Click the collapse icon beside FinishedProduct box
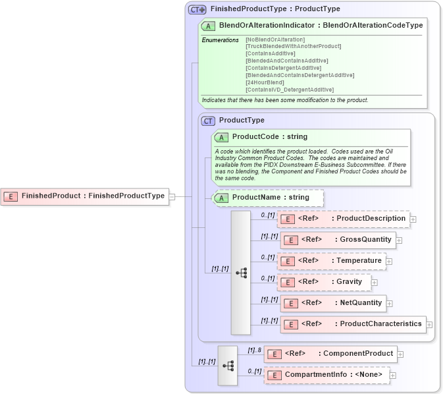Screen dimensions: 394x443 (172, 196)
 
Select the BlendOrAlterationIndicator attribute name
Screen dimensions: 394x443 (270, 25)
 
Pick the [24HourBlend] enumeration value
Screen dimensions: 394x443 (267, 82)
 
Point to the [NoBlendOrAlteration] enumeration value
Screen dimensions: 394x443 (275, 40)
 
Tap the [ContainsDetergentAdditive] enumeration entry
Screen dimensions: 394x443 (283, 68)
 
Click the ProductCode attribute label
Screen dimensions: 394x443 (260, 137)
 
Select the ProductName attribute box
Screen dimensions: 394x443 (269, 197)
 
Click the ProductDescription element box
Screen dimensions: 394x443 (343, 219)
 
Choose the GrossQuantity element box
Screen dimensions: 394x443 (338, 240)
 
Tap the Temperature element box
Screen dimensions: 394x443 (332, 261)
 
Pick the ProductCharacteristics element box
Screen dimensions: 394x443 (352, 324)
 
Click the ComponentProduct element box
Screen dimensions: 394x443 (330, 354)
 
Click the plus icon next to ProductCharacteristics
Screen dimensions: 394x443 (429, 324)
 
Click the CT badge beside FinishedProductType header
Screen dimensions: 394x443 (197, 9)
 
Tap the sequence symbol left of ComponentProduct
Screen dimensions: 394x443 (228, 365)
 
